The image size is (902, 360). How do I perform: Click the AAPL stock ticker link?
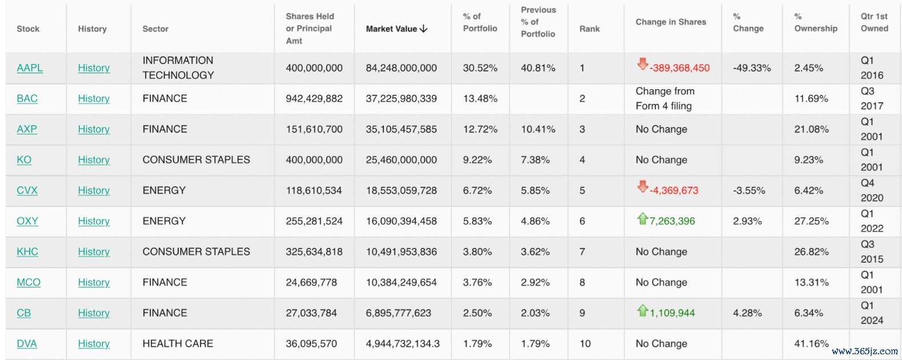click(x=29, y=68)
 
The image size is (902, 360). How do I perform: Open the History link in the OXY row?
click(x=94, y=221)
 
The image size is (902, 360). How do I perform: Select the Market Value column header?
click(x=391, y=29)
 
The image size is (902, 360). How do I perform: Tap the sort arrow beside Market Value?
click(x=423, y=29)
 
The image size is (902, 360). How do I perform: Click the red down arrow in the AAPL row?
click(x=643, y=64)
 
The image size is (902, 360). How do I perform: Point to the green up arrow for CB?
click(x=643, y=310)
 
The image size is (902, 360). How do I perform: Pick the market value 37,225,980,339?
click(x=401, y=99)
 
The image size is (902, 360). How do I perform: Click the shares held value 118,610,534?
click(x=314, y=190)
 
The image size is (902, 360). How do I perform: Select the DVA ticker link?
click(x=27, y=343)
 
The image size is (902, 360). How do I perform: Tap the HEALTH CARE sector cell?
click(x=178, y=343)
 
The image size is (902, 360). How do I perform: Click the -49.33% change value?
click(x=752, y=68)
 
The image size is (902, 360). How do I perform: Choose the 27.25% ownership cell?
click(x=811, y=221)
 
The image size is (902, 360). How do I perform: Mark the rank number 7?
click(x=582, y=251)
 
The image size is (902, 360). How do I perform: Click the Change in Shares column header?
click(x=671, y=22)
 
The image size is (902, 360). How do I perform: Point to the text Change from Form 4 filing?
click(x=665, y=99)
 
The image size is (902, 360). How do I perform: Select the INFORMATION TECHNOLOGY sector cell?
click(x=178, y=67)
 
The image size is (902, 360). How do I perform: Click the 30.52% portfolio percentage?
click(x=480, y=68)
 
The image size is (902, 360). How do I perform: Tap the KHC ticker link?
click(x=27, y=251)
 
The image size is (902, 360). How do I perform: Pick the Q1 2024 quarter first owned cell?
click(x=872, y=313)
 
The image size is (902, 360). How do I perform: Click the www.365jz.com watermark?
click(x=864, y=351)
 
